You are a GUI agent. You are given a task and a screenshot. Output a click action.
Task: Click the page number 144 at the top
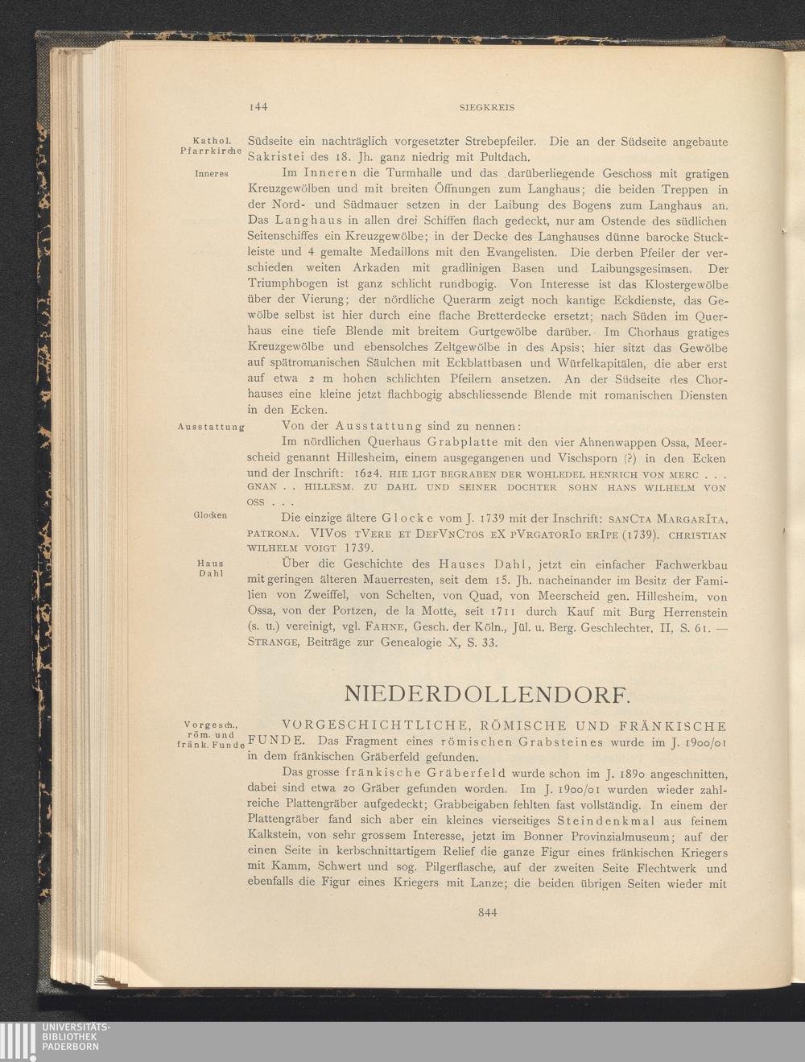[x=258, y=106]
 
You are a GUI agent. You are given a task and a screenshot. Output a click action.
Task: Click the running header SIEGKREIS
[x=486, y=106]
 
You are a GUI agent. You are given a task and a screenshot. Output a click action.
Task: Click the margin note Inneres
[x=212, y=174]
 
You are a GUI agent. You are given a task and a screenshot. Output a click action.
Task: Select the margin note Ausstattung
[x=210, y=426]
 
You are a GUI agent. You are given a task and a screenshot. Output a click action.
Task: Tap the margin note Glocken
[x=210, y=515]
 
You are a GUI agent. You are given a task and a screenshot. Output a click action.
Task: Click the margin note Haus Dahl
[x=210, y=568]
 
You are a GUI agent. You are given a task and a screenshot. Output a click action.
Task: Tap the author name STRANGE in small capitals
[x=274, y=643]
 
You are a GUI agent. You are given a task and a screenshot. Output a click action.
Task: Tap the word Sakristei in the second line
[x=276, y=157]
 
